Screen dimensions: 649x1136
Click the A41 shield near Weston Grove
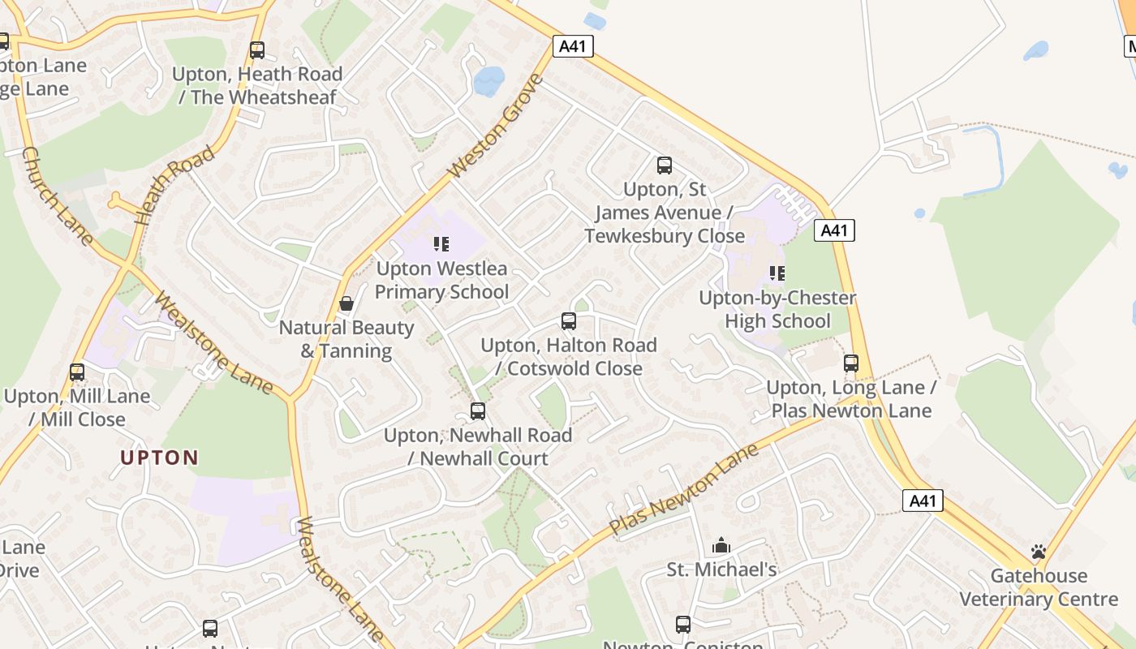point(573,46)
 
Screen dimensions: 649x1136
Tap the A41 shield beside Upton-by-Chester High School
point(834,230)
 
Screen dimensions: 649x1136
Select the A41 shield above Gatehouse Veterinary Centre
point(923,501)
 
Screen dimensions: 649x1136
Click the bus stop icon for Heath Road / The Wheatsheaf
point(257,50)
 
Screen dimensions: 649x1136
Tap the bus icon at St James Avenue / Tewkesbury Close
point(665,165)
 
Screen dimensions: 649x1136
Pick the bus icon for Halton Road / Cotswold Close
point(569,321)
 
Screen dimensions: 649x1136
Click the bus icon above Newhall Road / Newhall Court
point(478,411)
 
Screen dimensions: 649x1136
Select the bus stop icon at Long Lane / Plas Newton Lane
point(851,363)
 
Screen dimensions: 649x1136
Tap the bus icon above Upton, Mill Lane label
point(77,372)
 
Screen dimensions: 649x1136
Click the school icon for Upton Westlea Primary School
point(441,244)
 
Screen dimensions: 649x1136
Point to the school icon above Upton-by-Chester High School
point(777,273)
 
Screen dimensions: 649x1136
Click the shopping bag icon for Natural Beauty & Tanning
point(346,303)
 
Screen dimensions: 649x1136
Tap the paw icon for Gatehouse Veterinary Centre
point(1039,552)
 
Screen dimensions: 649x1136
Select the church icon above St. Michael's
point(721,546)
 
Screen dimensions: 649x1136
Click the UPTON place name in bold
point(160,458)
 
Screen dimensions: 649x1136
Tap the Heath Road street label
point(174,186)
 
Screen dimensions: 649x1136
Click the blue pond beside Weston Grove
point(488,81)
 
